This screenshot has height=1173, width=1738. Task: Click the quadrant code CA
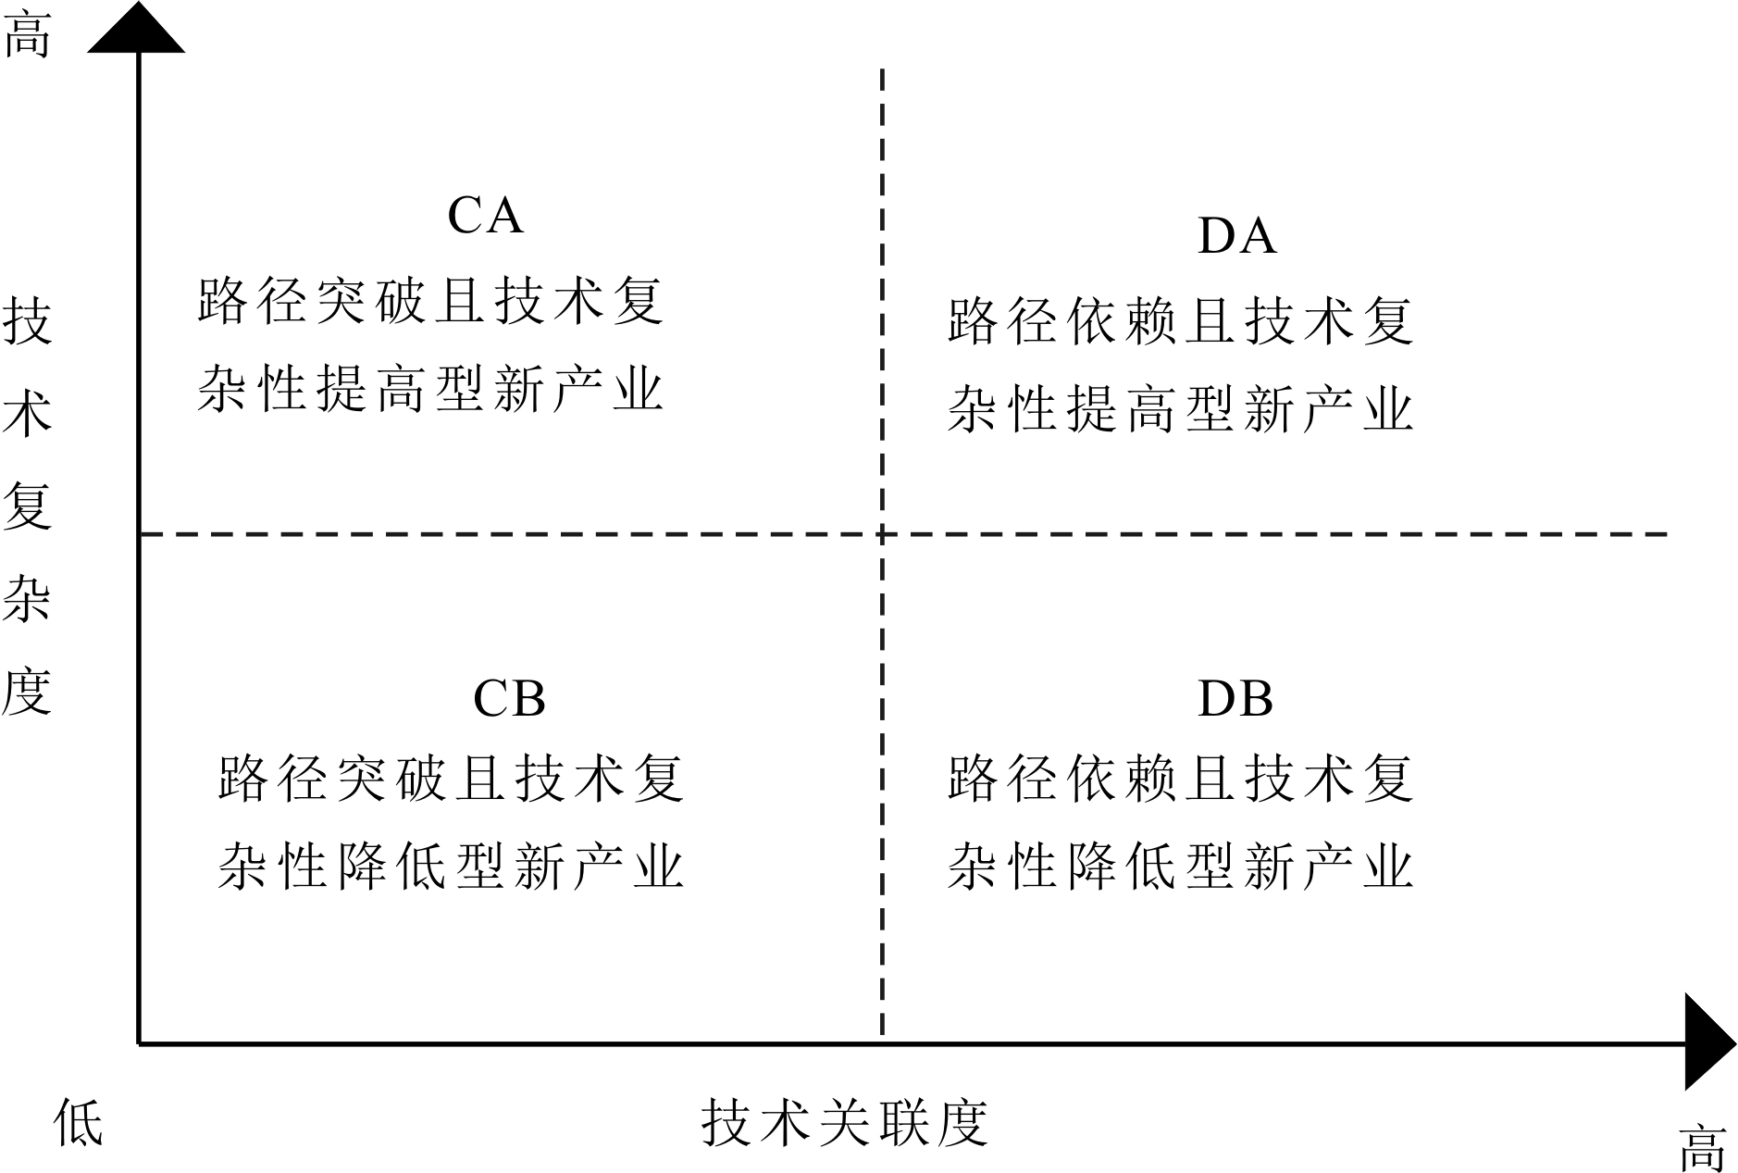[x=485, y=216]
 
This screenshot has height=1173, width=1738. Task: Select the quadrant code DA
[x=1236, y=236]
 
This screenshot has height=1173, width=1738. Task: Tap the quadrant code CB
[x=509, y=699]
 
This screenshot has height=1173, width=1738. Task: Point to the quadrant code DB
[x=1235, y=699]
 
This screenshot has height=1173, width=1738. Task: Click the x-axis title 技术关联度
[x=845, y=1123]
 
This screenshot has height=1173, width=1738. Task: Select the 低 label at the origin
[x=79, y=1123]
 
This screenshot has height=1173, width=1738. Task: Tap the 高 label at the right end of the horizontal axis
[x=1703, y=1148]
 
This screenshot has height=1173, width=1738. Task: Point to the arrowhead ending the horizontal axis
[x=1707, y=1042]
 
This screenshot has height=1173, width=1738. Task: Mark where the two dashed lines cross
[x=882, y=534]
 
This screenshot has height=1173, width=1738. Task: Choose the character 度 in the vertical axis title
[x=28, y=691]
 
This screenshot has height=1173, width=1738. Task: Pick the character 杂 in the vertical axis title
[x=28, y=598]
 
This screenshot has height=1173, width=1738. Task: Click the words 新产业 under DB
[x=1329, y=866]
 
